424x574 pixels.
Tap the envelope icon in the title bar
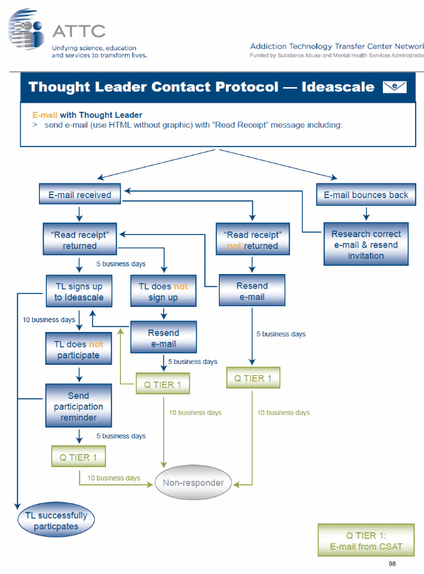tap(395, 87)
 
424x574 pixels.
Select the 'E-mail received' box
tap(79, 195)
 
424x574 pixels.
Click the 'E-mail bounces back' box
tap(366, 195)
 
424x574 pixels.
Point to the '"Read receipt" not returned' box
tap(252, 240)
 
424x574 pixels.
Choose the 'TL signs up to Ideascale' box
tap(79, 292)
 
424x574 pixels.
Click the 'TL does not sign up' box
tap(163, 292)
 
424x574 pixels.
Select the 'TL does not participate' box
tap(79, 349)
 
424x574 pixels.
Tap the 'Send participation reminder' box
tap(79, 406)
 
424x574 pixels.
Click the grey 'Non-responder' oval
tap(193, 483)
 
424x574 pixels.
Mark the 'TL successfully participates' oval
tap(56, 521)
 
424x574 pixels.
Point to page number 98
tap(392, 563)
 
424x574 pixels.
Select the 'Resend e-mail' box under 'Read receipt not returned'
tap(252, 291)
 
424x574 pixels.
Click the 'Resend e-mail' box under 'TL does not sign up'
tap(163, 338)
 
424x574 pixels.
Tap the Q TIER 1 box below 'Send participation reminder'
tap(78, 457)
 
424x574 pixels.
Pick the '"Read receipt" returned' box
tap(79, 240)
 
